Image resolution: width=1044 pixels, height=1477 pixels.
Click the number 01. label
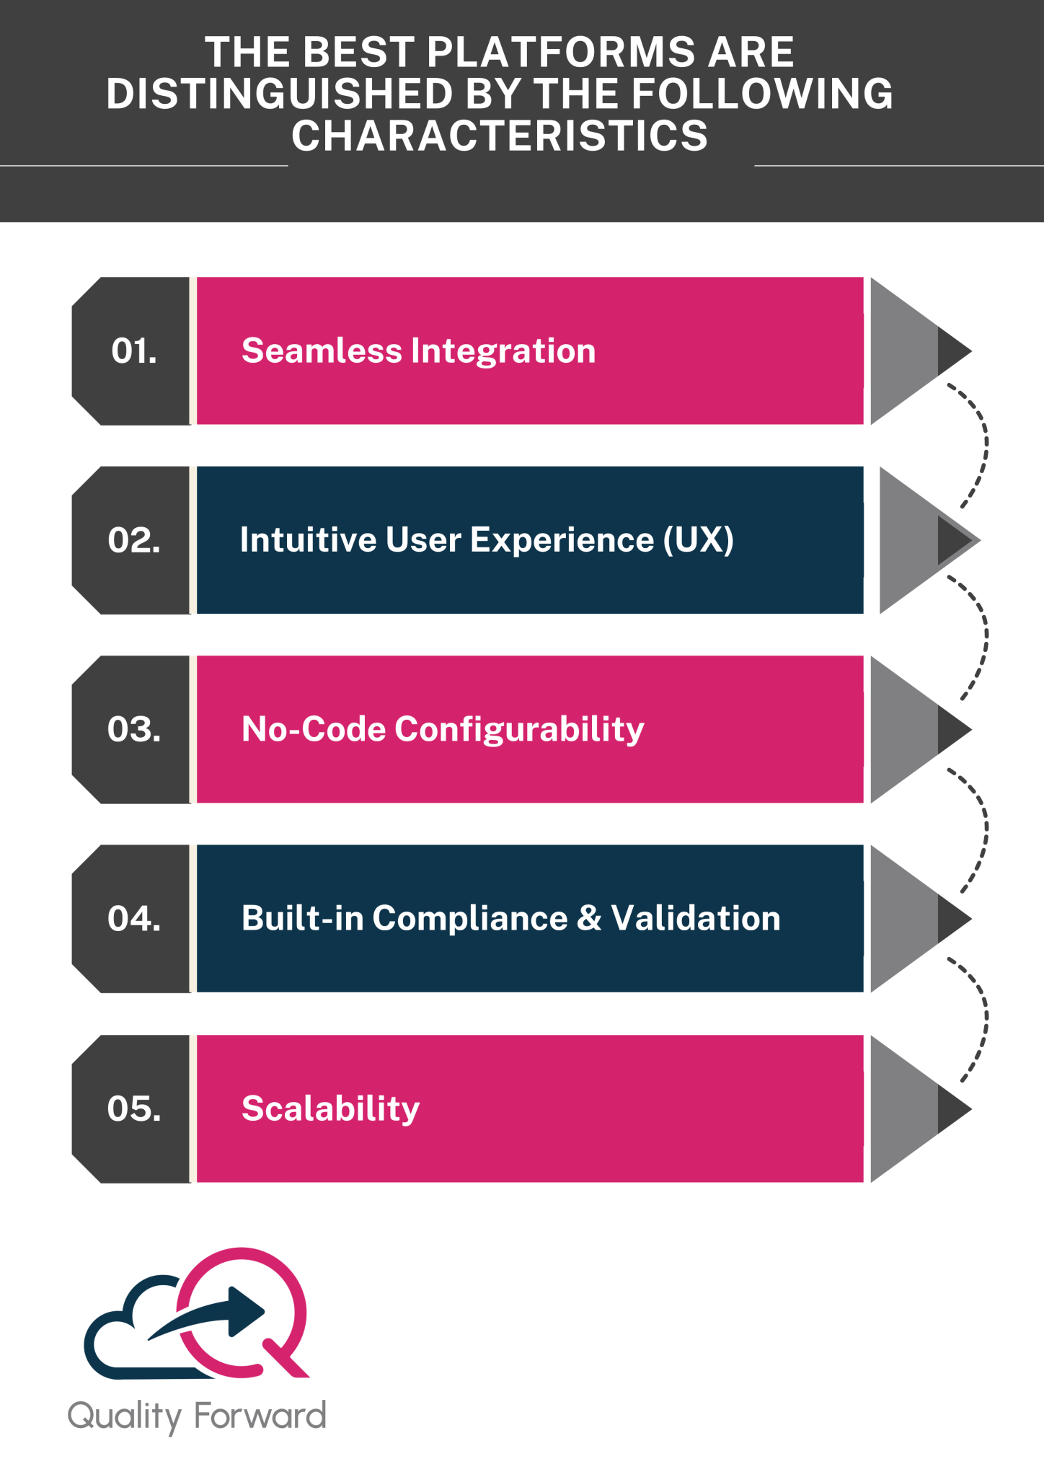(x=134, y=351)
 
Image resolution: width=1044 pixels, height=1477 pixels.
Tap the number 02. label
(x=134, y=540)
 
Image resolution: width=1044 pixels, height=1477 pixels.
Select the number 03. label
(x=134, y=729)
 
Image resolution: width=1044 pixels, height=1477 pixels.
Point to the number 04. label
(x=134, y=919)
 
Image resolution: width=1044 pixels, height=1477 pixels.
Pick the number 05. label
(x=134, y=1108)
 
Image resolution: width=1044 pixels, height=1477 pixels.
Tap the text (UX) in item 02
(x=698, y=540)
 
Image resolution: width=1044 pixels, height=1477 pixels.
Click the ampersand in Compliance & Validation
(x=589, y=919)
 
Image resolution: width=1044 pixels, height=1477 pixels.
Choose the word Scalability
(x=330, y=1108)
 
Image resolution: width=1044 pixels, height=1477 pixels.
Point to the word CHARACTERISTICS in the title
(x=500, y=136)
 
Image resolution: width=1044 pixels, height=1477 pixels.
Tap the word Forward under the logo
(x=260, y=1416)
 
